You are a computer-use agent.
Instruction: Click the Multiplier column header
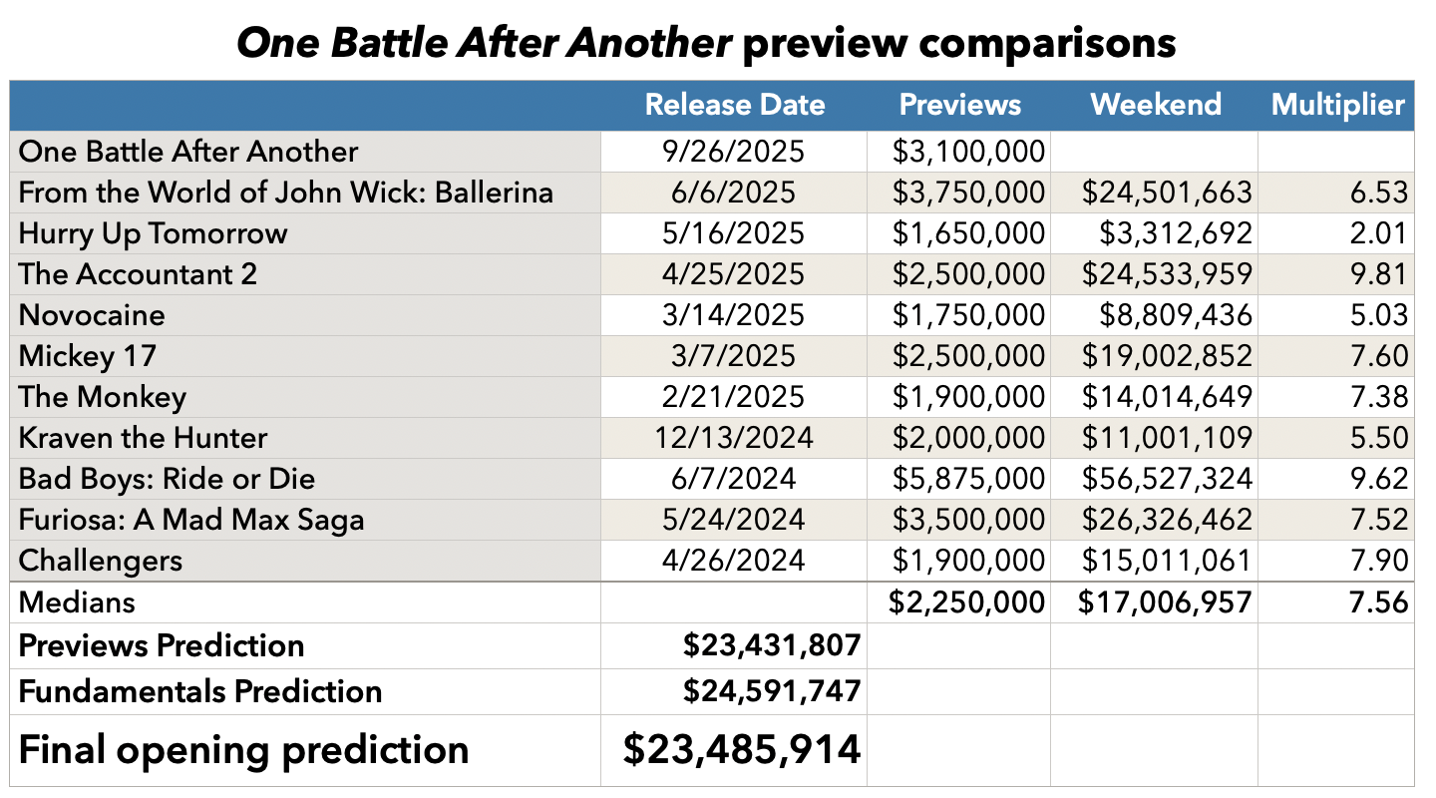[x=1337, y=105]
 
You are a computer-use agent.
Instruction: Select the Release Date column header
[x=735, y=105]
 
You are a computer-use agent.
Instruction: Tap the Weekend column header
[x=1155, y=105]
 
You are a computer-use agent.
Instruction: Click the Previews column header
[x=959, y=105]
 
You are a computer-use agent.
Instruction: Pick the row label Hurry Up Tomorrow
[x=153, y=233]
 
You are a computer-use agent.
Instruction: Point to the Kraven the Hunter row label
[x=143, y=438]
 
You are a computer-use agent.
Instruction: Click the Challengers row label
[x=100, y=561]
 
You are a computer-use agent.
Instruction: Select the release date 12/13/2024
[x=736, y=438]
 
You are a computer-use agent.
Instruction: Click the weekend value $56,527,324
[x=1167, y=479]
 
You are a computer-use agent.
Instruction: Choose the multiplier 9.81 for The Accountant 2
[x=1380, y=274]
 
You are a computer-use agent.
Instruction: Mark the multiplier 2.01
[x=1380, y=233]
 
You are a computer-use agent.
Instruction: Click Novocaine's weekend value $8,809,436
[x=1176, y=315]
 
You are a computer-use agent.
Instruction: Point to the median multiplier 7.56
[x=1380, y=601]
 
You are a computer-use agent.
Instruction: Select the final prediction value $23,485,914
[x=741, y=749]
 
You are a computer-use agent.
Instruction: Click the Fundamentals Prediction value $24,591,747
[x=771, y=691]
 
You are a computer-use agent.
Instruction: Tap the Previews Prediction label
[x=161, y=645]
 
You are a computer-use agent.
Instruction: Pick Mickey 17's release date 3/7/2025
[x=736, y=356]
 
